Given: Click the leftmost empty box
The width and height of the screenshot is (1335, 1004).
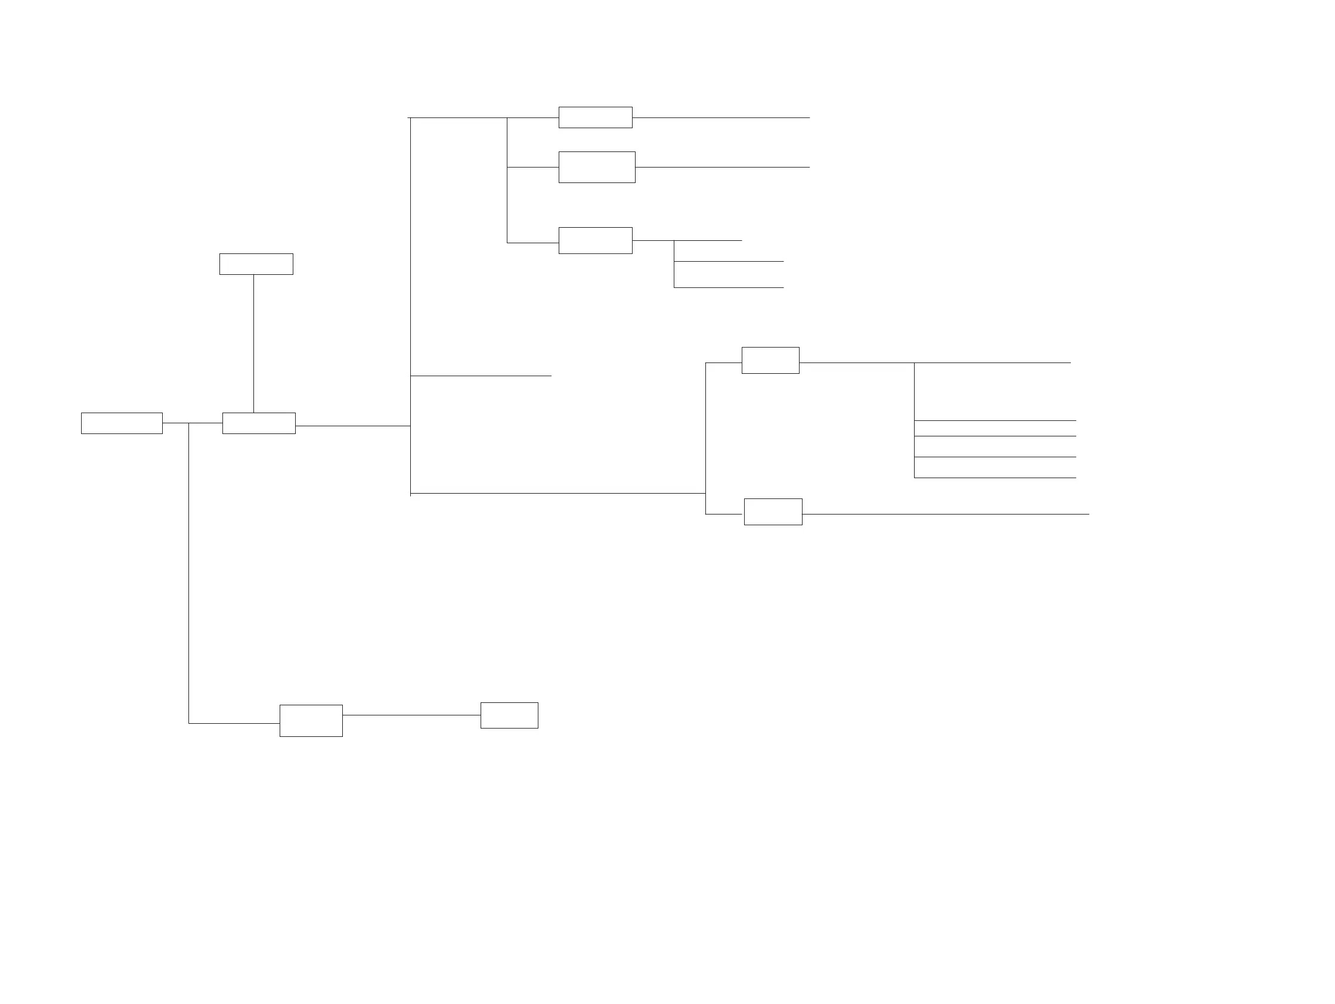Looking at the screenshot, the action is pyautogui.click(x=121, y=423).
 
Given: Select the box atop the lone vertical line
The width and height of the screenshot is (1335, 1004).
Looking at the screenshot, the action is pyautogui.click(x=256, y=264).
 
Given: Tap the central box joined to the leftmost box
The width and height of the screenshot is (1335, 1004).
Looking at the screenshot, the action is pyautogui.click(x=258, y=423).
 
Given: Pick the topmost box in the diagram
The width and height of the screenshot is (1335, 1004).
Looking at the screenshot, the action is pyautogui.click(x=595, y=117).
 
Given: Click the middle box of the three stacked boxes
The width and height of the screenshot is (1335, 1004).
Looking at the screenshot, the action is pyautogui.click(x=596, y=167).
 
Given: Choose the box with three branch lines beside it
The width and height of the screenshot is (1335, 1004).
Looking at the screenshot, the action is pyautogui.click(x=595, y=240).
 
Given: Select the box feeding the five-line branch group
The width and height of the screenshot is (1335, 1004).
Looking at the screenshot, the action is pyautogui.click(x=770, y=360).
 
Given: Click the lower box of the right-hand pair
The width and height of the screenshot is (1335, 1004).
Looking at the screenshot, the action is pyautogui.click(x=773, y=512).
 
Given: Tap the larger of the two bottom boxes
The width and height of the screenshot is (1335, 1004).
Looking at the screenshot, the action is pyautogui.click(x=311, y=720).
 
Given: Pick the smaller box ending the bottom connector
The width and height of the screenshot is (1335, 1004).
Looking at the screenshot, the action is pyautogui.click(x=509, y=715).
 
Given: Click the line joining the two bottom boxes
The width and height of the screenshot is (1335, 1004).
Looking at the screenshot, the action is pyautogui.click(x=411, y=715).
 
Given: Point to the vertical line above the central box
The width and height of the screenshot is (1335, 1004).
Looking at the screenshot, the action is pyautogui.click(x=253, y=343).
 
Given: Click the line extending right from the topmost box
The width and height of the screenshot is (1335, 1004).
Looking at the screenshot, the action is pyautogui.click(x=721, y=117).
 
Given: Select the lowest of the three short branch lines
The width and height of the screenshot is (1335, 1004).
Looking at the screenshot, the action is pyautogui.click(x=729, y=288).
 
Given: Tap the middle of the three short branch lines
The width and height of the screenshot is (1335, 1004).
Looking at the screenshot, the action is pyautogui.click(x=729, y=261).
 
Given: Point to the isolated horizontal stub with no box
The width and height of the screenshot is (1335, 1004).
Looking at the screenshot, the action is pyautogui.click(x=481, y=376).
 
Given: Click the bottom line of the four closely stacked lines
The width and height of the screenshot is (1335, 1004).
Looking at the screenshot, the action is pyautogui.click(x=995, y=478).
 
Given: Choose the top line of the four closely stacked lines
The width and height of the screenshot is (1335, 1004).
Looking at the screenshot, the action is pyautogui.click(x=995, y=420).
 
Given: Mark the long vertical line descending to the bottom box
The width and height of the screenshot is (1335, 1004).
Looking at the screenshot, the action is pyautogui.click(x=189, y=573).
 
